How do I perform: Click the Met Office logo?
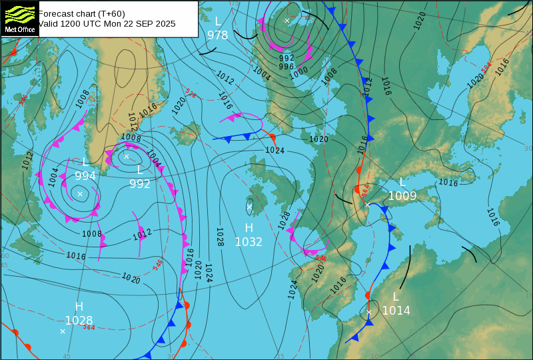[x=19, y=18]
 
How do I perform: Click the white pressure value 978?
[x=218, y=35]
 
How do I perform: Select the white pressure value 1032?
[x=249, y=242]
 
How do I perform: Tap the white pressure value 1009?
[x=402, y=196]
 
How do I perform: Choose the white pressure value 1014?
[x=396, y=311]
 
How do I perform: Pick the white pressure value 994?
[x=85, y=176]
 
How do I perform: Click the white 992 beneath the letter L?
[x=140, y=184]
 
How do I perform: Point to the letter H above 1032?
[x=249, y=228]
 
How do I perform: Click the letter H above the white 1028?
[x=79, y=307]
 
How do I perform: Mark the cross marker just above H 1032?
[x=250, y=207]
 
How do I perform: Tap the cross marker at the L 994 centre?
[x=80, y=194]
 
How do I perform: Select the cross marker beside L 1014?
[x=369, y=311]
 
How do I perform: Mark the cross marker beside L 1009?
[x=367, y=205]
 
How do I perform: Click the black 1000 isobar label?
[x=298, y=71]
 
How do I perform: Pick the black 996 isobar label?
[x=286, y=67]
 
